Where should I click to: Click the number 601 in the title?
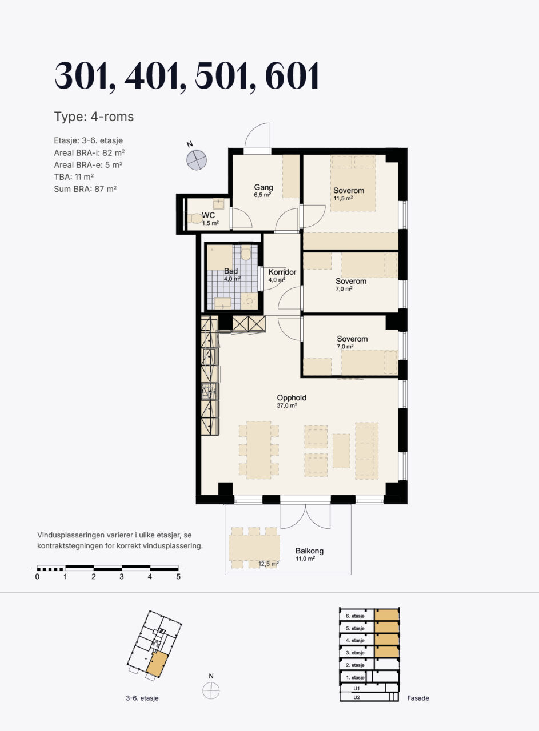pyautogui.click(x=293, y=76)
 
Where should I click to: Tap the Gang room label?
pyautogui.click(x=263, y=187)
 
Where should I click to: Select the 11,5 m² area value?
pyautogui.click(x=343, y=198)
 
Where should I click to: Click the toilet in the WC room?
pyautogui.click(x=195, y=218)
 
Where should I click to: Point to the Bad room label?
pyautogui.click(x=231, y=271)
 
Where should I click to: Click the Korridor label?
pyautogui.click(x=282, y=272)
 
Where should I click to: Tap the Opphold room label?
pyautogui.click(x=292, y=397)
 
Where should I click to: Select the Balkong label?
pyautogui.click(x=309, y=551)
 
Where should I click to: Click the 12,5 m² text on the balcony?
pyautogui.click(x=268, y=564)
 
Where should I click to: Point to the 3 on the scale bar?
pyautogui.click(x=122, y=577)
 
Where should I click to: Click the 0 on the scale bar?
pyautogui.click(x=37, y=577)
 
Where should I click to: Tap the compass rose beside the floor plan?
pyautogui.click(x=196, y=160)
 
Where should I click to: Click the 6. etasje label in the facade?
pyautogui.click(x=355, y=616)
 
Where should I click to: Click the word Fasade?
pyautogui.click(x=418, y=698)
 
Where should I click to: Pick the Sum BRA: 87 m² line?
pyautogui.click(x=85, y=189)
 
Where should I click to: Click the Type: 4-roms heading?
pyautogui.click(x=94, y=117)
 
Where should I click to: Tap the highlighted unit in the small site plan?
pyautogui.click(x=157, y=665)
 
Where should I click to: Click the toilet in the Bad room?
pyautogui.click(x=246, y=254)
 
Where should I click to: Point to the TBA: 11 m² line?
pyautogui.click(x=74, y=177)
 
